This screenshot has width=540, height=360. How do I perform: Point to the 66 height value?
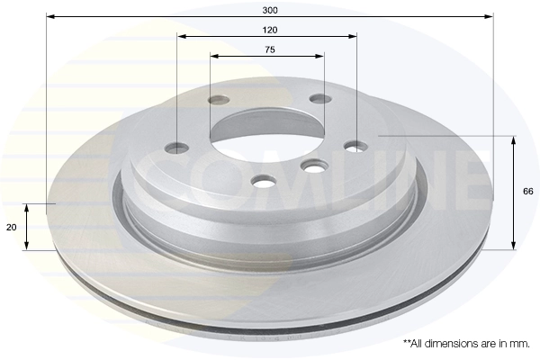pyautogui.click(x=528, y=192)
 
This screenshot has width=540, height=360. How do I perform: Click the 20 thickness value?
pyautogui.click(x=11, y=228)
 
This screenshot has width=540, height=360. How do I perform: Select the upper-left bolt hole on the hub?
pyautogui.click(x=218, y=101)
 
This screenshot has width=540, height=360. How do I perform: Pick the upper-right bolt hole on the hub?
pyautogui.click(x=319, y=99)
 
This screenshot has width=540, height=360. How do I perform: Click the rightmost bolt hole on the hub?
pyautogui.click(x=357, y=145)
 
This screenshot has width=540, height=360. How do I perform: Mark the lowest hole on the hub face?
pyautogui.click(x=264, y=182)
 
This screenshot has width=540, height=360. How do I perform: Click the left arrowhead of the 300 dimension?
pyautogui.click(x=49, y=16)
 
